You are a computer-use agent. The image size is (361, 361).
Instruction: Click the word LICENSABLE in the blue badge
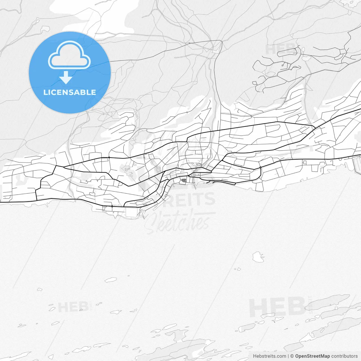pyautogui.click(x=69, y=93)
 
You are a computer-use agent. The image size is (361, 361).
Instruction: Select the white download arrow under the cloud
pyautogui.click(x=66, y=78)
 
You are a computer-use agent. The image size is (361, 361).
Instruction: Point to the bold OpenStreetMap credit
pyautogui.click(x=312, y=356)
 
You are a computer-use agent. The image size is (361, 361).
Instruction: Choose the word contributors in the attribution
pyautogui.click(x=344, y=356)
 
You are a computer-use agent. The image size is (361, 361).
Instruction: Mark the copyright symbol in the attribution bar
pyautogui.click(x=292, y=356)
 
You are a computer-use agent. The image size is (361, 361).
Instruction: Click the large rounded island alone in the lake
pyautogui.click(x=257, y=257)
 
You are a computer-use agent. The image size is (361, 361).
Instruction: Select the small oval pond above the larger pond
pyautogui.click(x=303, y=50)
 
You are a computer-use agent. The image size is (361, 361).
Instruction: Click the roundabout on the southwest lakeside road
pyautogui.click(x=112, y=206)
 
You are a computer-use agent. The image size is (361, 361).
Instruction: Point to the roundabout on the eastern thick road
pyautogui.click(x=260, y=168)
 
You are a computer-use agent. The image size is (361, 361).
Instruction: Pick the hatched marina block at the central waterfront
pyautogui.click(x=184, y=180)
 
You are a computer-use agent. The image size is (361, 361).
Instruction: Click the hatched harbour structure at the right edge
pyautogui.click(x=357, y=164)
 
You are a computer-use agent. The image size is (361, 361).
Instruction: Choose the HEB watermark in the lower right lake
pyautogui.click(x=278, y=307)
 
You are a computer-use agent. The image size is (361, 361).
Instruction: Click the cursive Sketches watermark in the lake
pyautogui.click(x=180, y=221)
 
